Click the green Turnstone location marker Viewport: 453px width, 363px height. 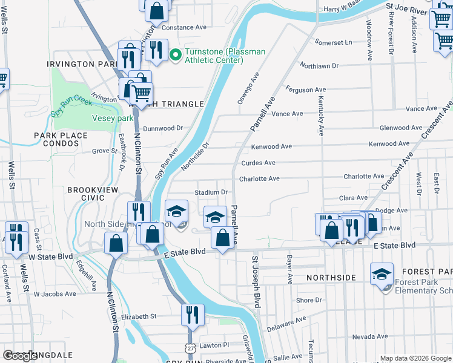(x=176, y=56)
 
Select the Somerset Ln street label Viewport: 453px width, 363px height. (x=332, y=42)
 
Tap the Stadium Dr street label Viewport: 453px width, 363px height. (x=210, y=192)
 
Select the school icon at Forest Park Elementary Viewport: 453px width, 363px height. (x=382, y=273)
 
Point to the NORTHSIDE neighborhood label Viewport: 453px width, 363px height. (x=331, y=278)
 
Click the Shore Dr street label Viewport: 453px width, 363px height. (x=309, y=300)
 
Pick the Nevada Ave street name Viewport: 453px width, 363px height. (x=369, y=336)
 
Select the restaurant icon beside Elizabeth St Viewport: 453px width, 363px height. (x=193, y=315)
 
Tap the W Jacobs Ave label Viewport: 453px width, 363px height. (x=55, y=294)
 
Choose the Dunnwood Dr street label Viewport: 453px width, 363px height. (x=162, y=128)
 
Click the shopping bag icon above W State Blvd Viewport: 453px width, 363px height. (x=116, y=243)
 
